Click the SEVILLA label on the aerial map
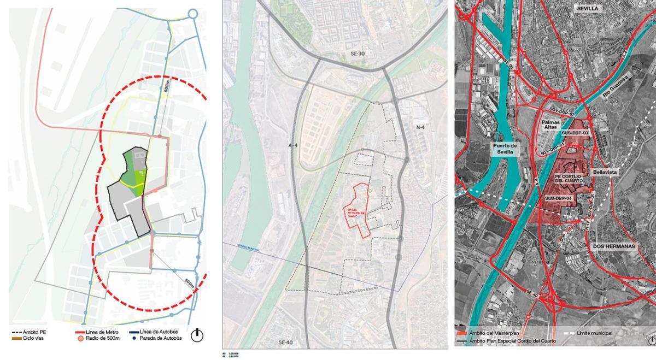(587, 9)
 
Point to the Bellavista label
(605, 172)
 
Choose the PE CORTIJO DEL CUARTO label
(571, 179)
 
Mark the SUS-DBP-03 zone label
(574, 133)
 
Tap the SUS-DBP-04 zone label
(559, 198)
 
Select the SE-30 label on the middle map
(358, 54)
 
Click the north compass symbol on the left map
(197, 335)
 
